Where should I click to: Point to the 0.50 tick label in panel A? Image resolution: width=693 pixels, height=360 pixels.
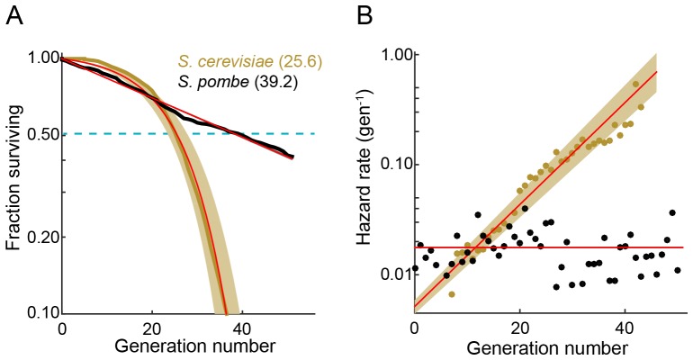pyautogui.click(x=37, y=135)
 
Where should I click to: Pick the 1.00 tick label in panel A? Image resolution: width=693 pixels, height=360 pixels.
pyautogui.click(x=37, y=58)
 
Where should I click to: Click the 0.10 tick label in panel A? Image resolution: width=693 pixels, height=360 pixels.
pyautogui.click(x=37, y=314)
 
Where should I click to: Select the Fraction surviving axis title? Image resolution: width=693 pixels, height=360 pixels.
pyautogui.click(x=13, y=186)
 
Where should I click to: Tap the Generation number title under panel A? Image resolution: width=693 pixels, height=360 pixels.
pyautogui.click(x=177, y=346)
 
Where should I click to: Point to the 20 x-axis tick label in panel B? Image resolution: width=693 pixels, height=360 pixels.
pyautogui.click(x=519, y=329)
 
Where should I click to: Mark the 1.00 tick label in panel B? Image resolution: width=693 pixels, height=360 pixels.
pyautogui.click(x=390, y=55)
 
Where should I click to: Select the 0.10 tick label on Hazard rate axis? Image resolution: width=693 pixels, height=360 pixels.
pyautogui.click(x=390, y=164)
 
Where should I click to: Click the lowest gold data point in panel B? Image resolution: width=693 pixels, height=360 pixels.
pyautogui.click(x=452, y=294)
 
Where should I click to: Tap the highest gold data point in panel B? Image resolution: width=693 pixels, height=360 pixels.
pyautogui.click(x=636, y=85)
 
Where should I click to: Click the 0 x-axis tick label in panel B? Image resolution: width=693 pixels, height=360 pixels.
pyautogui.click(x=414, y=329)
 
